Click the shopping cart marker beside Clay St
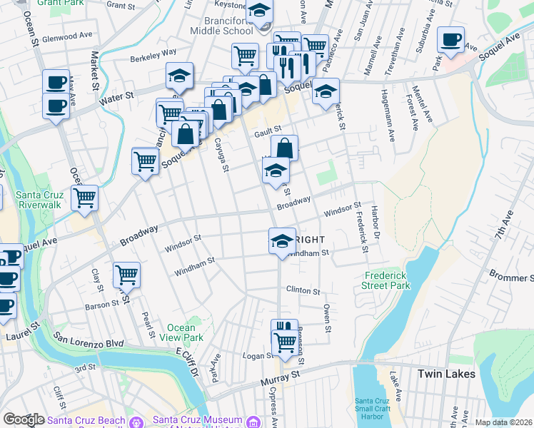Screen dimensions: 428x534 [126, 273]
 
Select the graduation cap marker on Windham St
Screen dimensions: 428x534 [283, 240]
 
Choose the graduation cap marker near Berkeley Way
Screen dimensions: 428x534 [180, 75]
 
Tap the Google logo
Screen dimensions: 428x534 [24, 419]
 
